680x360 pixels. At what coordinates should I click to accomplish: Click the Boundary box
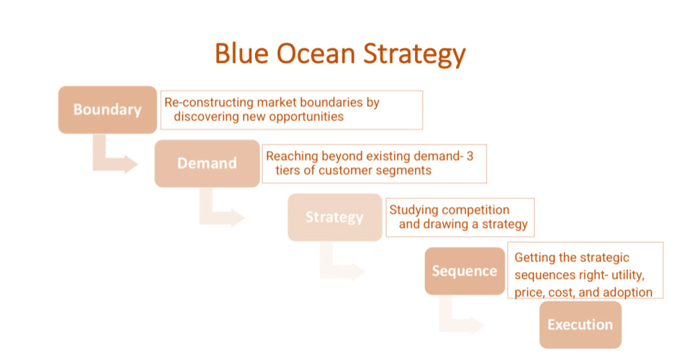click(x=107, y=110)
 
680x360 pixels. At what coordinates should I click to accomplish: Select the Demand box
click(x=207, y=163)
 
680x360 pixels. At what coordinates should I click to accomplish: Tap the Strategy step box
click(x=334, y=217)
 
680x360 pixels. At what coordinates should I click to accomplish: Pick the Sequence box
click(x=464, y=271)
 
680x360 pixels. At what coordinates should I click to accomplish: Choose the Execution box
click(x=579, y=325)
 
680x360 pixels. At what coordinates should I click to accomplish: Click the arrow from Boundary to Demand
click(x=113, y=159)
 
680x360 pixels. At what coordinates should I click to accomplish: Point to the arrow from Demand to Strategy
click(x=220, y=213)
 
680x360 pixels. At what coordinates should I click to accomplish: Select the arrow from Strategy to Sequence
click(x=341, y=266)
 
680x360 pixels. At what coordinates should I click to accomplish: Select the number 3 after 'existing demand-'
click(x=470, y=156)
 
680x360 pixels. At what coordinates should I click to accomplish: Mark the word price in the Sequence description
click(x=530, y=292)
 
